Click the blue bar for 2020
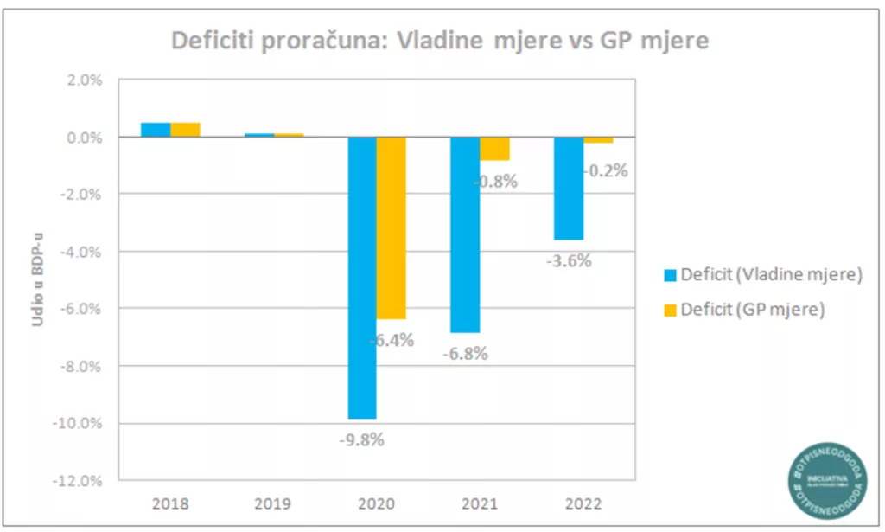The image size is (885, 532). tap(362, 277)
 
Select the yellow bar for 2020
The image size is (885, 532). tap(392, 228)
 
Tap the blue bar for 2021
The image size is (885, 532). tap(465, 234)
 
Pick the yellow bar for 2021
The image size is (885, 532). tap(494, 149)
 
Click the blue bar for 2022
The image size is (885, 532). tap(568, 188)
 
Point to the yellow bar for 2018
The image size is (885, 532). tap(185, 130)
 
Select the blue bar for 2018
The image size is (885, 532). tap(156, 130)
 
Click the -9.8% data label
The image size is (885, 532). tap(361, 439)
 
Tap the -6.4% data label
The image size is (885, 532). tap(392, 340)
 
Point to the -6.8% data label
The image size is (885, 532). tap(465, 353)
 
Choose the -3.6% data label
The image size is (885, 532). tap(568, 260)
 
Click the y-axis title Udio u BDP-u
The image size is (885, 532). tap(39, 279)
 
